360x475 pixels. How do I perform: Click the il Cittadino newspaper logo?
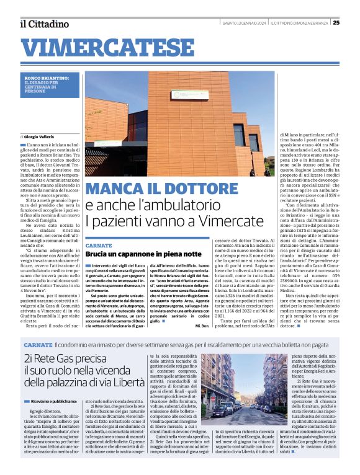coord(44,24)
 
